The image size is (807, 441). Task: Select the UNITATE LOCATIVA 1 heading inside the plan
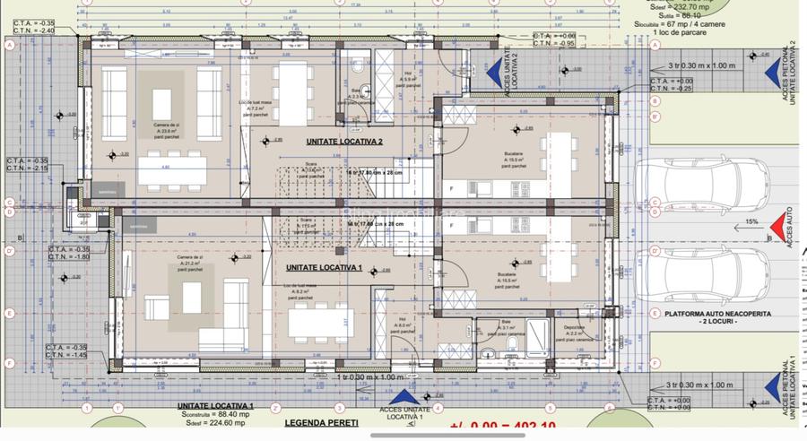tap(323, 268)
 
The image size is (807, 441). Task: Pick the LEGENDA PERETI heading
tap(321, 422)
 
